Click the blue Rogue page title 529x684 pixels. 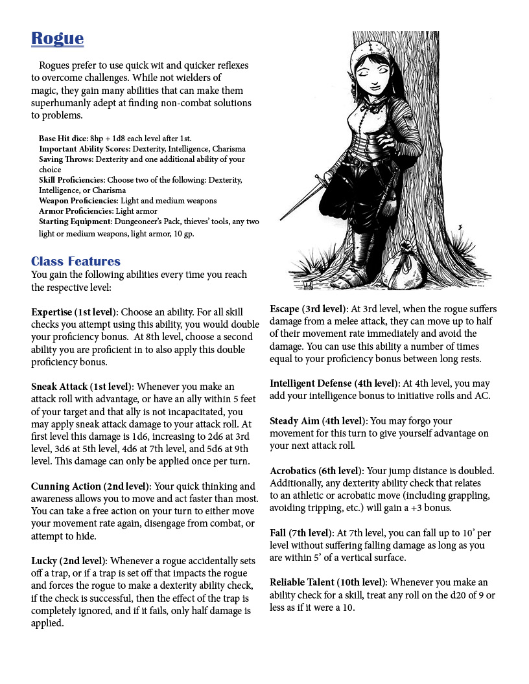[57, 39]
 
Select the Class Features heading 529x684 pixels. [76, 262]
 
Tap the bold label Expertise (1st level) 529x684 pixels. [75, 312]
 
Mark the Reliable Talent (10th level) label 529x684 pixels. [328, 582]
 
